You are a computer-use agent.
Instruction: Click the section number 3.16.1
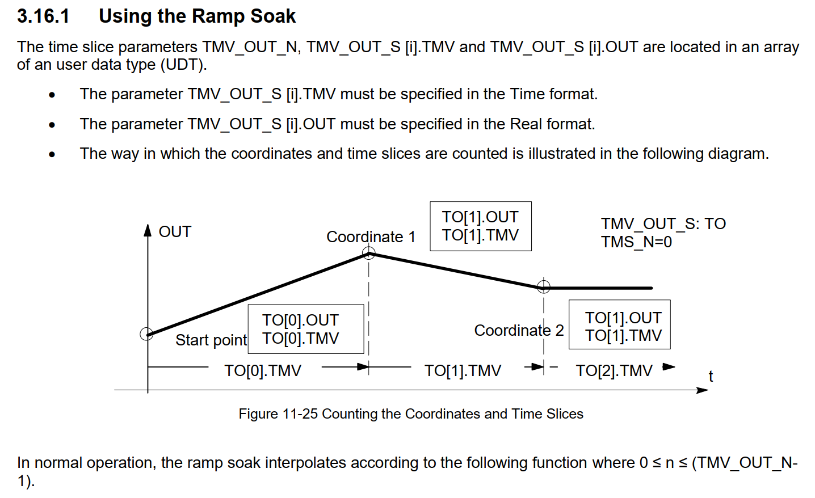[x=43, y=16]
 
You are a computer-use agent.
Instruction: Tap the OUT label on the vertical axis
[x=175, y=231]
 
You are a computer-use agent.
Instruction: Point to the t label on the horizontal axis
[x=711, y=376]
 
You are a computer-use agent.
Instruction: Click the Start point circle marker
[x=146, y=334]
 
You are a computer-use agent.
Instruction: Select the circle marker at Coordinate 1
[x=369, y=254]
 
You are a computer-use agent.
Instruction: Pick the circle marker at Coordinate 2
[x=544, y=286]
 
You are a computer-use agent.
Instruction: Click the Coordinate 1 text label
[x=371, y=237]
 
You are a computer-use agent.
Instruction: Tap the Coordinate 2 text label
[x=519, y=330]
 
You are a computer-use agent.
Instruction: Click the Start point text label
[x=211, y=340]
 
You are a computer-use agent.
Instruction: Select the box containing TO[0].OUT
[x=305, y=329]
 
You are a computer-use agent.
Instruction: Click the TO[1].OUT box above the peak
[x=480, y=226]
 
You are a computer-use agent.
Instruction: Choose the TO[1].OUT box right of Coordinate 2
[x=619, y=324]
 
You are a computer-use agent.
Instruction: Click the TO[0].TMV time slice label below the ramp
[x=263, y=370]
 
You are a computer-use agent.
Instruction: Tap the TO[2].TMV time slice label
[x=614, y=370]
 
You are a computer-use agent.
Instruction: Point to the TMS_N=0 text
[x=636, y=242]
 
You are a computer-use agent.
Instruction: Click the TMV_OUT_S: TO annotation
[x=663, y=223]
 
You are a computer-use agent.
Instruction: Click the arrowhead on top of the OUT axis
[x=148, y=230]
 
